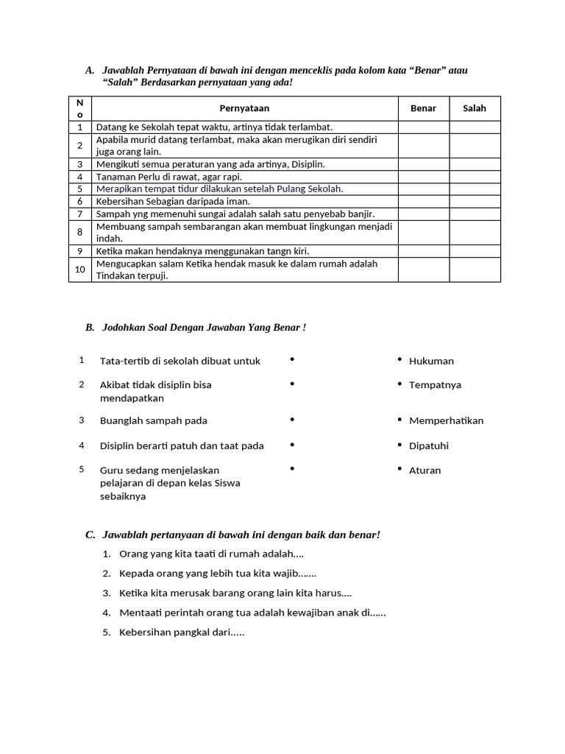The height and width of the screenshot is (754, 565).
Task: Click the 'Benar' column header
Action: pyautogui.click(x=423, y=108)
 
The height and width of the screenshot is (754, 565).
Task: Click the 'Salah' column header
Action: pyautogui.click(x=475, y=108)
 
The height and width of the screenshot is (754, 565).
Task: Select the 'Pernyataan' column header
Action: pyautogui.click(x=244, y=108)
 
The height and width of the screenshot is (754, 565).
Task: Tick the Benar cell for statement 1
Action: pyautogui.click(x=423, y=127)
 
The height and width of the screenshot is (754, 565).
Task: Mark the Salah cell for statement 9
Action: pyautogui.click(x=475, y=251)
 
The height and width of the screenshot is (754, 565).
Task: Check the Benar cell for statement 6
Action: pyautogui.click(x=423, y=201)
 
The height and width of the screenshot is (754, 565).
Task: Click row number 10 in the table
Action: pyautogui.click(x=80, y=269)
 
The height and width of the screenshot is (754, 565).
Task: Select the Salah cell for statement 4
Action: pyautogui.click(x=475, y=177)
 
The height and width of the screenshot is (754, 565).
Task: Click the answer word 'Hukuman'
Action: pyautogui.click(x=431, y=361)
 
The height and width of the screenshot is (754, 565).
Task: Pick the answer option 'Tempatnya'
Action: pyautogui.click(x=435, y=384)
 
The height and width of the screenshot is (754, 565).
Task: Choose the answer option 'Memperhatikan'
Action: pyautogui.click(x=446, y=420)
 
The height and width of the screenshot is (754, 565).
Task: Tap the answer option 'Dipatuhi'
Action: pyautogui.click(x=428, y=445)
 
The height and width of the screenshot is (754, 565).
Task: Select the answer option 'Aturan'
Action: pyautogui.click(x=424, y=470)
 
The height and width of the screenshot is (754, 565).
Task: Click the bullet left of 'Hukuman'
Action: pyautogui.click(x=399, y=359)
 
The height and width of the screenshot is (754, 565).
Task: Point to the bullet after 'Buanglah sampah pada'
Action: pyautogui.click(x=292, y=419)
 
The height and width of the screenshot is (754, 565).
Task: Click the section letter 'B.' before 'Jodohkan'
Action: pyautogui.click(x=90, y=327)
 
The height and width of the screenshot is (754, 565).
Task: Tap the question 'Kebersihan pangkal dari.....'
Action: pyautogui.click(x=181, y=632)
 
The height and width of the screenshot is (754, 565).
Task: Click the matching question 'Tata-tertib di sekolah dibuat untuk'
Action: pyautogui.click(x=180, y=361)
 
